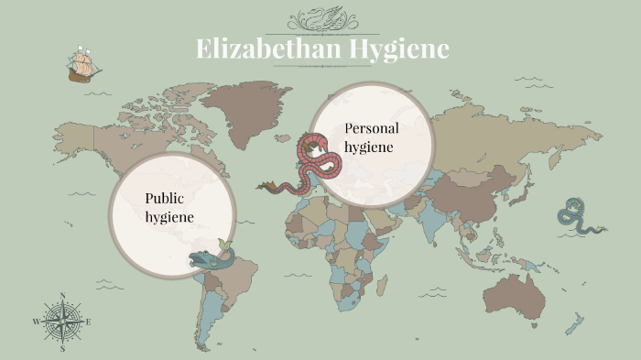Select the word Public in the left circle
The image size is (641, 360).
[165, 198]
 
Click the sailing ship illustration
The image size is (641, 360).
[83, 65]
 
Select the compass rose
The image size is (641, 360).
[62, 322]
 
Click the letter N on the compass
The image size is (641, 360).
[62, 296]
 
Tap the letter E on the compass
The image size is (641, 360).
[89, 322]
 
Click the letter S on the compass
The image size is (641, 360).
[62, 348]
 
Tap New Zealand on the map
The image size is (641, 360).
[574, 324]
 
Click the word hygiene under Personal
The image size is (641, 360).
[369, 147]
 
